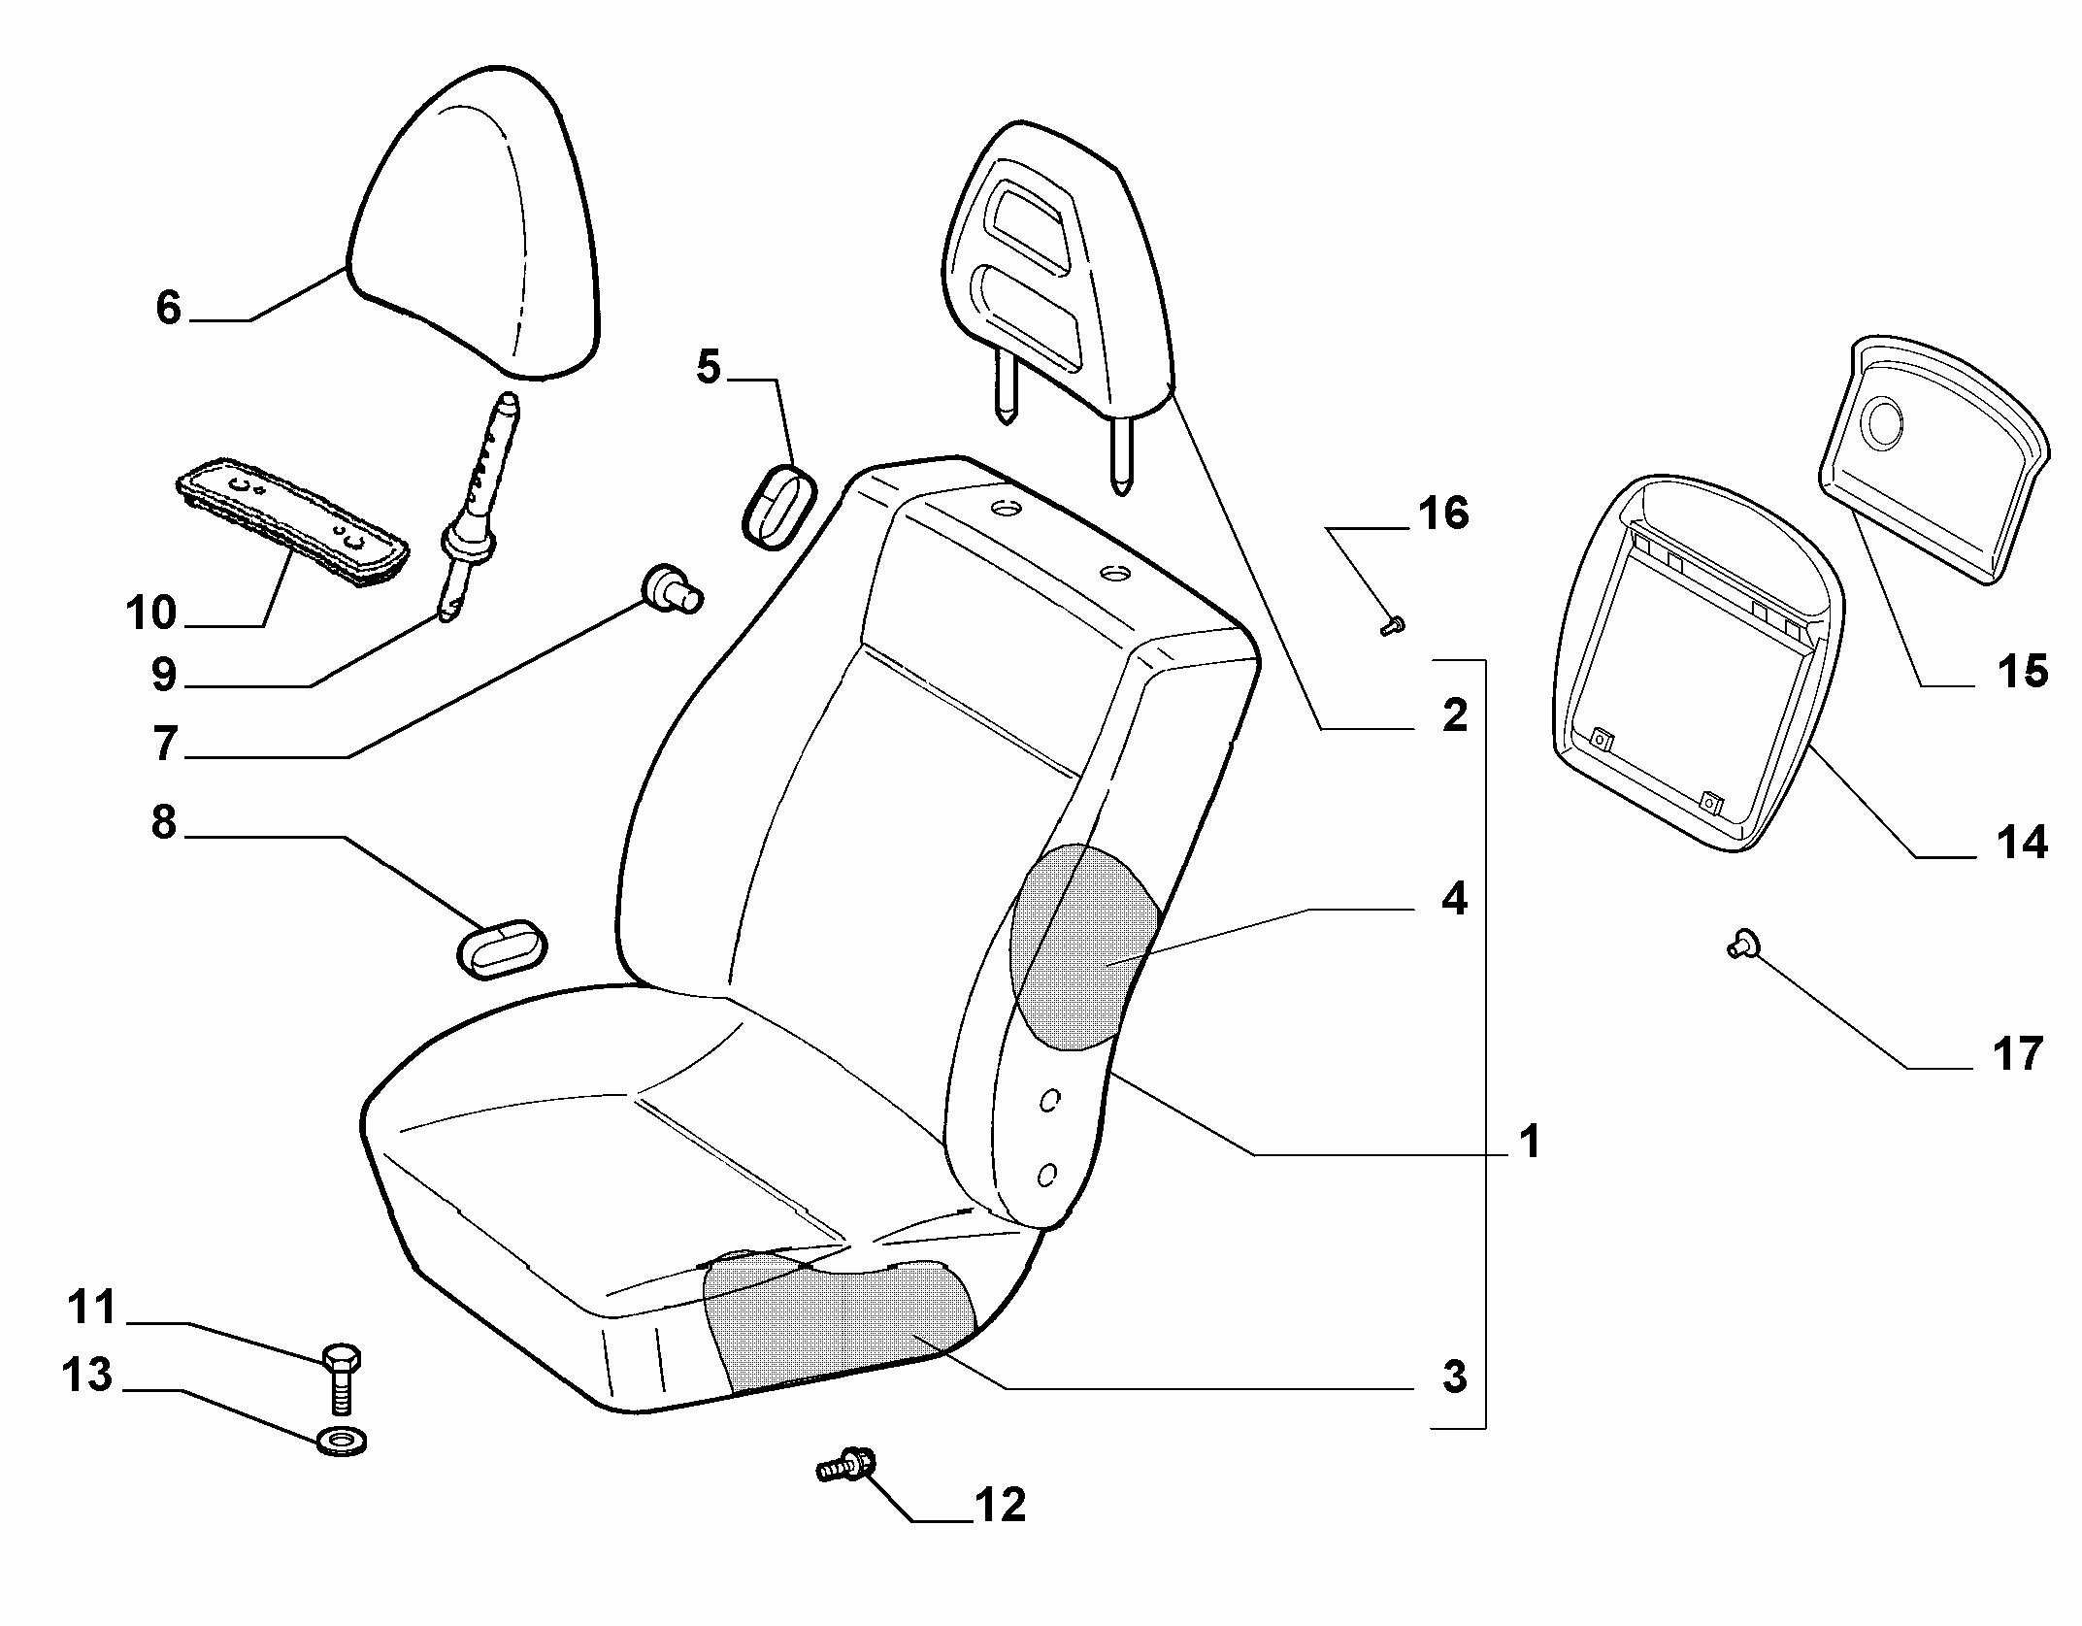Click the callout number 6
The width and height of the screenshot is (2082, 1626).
coord(169,309)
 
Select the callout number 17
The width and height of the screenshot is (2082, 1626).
coord(2017,1054)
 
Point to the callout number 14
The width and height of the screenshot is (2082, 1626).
coord(2022,842)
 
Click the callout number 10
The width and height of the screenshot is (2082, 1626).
coord(151,614)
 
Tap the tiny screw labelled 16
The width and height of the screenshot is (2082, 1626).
coord(1392,627)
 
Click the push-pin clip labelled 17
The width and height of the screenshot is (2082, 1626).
coord(1741,944)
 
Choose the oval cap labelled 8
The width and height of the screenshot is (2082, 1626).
coord(502,946)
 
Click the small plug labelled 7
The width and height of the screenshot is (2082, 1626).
coord(672,587)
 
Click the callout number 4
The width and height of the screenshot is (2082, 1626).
coord(1453,900)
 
